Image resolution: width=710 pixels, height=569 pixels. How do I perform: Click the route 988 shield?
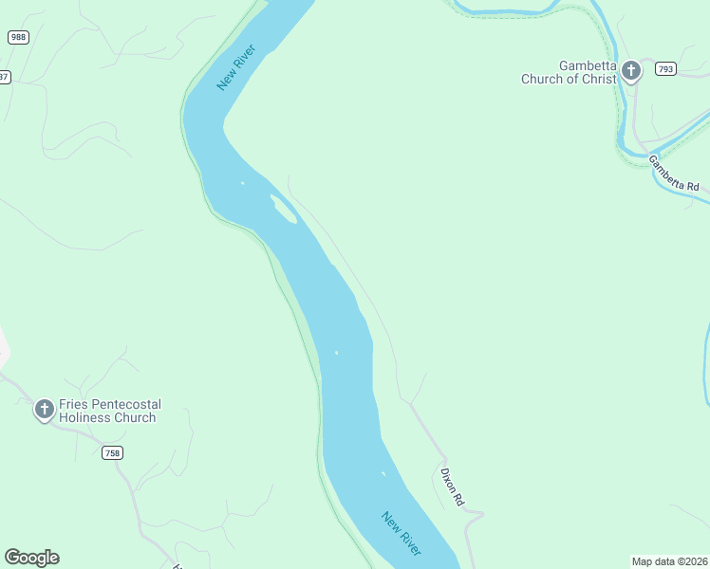click(x=17, y=37)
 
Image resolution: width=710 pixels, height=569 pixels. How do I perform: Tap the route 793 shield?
click(x=664, y=68)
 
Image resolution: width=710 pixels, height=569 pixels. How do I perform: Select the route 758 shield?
click(x=112, y=453)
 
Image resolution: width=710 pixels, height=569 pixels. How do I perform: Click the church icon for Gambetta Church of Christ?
click(x=629, y=70)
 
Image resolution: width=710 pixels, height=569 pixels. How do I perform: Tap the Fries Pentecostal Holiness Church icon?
click(x=44, y=410)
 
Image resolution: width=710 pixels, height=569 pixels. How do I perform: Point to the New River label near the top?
click(x=236, y=67)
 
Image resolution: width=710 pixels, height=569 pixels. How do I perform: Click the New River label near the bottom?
click(x=402, y=533)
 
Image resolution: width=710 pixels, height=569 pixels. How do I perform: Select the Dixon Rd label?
click(x=452, y=486)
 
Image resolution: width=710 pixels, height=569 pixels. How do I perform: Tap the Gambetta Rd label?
click(x=674, y=174)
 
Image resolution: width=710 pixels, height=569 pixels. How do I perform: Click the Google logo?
click(x=31, y=558)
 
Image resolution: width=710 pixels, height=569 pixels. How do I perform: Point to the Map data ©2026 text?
click(x=669, y=560)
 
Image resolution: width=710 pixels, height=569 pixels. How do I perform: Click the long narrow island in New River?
click(x=284, y=210)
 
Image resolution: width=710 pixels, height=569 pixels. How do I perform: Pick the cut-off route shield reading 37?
click(x=5, y=77)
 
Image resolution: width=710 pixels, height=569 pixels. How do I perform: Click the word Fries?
click(x=72, y=404)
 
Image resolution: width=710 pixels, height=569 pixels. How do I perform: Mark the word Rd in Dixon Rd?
click(x=458, y=497)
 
